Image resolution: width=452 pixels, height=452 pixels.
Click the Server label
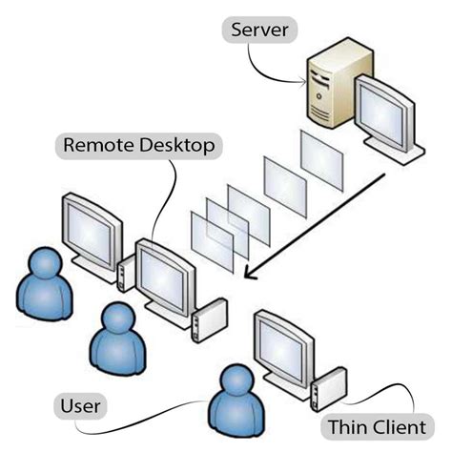pos(260,30)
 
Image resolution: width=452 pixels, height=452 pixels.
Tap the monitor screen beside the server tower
pos(386,113)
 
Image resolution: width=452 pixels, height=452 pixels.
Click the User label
pos(80,408)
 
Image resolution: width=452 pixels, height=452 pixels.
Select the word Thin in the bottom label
pos(349,426)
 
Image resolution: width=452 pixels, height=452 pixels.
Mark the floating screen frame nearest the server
pos(320,156)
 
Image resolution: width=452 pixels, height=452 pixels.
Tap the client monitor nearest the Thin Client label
pos(283,344)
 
